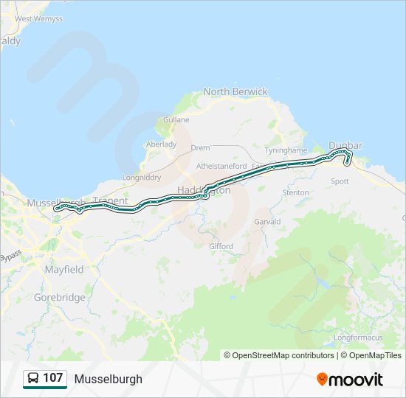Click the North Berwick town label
[x=235, y=91]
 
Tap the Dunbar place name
[x=345, y=145]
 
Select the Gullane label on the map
[x=176, y=119]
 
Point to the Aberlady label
[x=162, y=144]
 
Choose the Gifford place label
[x=221, y=246]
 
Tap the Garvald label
[x=267, y=221]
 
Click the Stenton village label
[x=296, y=192]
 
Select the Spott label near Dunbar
[x=340, y=181]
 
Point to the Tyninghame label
[x=285, y=150]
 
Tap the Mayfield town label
[x=64, y=270]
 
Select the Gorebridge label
[x=60, y=298]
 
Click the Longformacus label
[x=357, y=338]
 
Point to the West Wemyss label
[x=38, y=18]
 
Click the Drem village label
[x=201, y=147]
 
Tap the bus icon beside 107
[x=33, y=378]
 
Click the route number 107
[x=53, y=378]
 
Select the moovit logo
[x=350, y=379]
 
